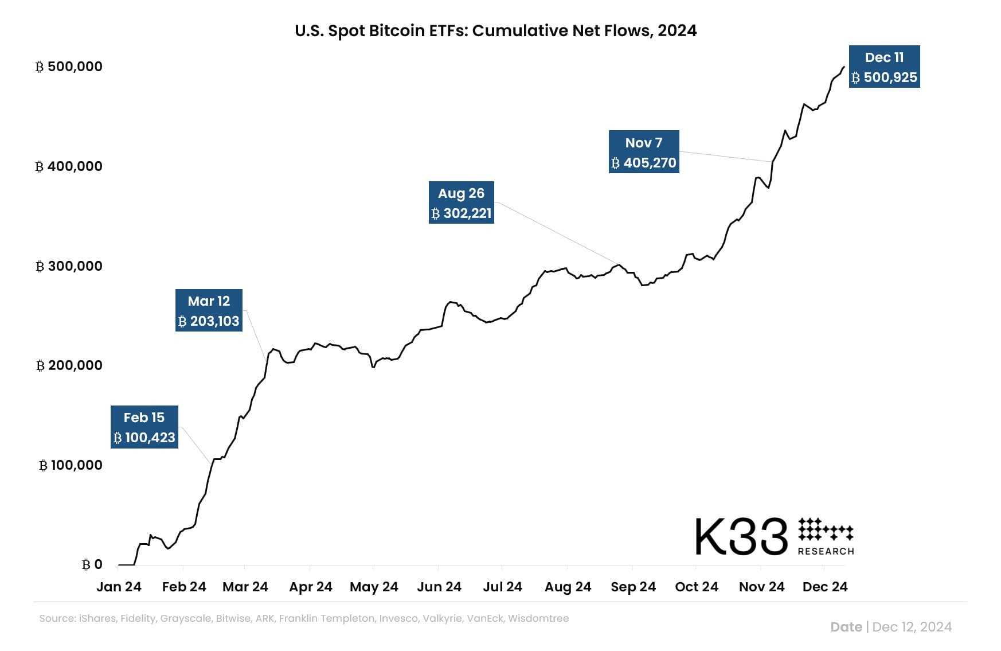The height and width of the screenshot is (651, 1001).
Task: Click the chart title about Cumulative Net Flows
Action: coord(495,30)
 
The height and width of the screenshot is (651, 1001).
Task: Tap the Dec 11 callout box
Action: coord(884,67)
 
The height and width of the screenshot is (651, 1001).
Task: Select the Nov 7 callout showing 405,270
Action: coord(643,152)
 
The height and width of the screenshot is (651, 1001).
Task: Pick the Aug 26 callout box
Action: coord(461,202)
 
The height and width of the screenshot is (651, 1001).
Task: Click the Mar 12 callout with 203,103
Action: coord(209,310)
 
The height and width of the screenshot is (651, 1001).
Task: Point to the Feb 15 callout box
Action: coord(144,427)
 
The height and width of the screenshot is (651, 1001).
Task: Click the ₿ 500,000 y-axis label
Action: coord(69,67)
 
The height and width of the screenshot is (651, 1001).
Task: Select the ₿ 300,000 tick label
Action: coord(69,266)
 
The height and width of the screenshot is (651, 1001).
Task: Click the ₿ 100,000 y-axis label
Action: coord(71,465)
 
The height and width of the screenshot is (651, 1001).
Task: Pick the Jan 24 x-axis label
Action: coord(119,587)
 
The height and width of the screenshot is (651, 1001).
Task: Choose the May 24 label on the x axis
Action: coord(374,587)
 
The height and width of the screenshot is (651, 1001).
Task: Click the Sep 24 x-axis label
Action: coord(633,587)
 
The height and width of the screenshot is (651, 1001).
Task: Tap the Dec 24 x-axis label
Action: coord(824,587)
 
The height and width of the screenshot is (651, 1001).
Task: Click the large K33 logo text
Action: coord(741,537)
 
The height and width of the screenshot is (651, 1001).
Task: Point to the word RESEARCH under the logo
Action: coord(826,551)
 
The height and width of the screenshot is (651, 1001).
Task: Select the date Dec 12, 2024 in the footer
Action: coord(912,627)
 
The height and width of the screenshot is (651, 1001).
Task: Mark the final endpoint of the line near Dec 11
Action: coord(844,67)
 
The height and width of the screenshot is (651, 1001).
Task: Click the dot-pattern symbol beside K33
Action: coord(826,529)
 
